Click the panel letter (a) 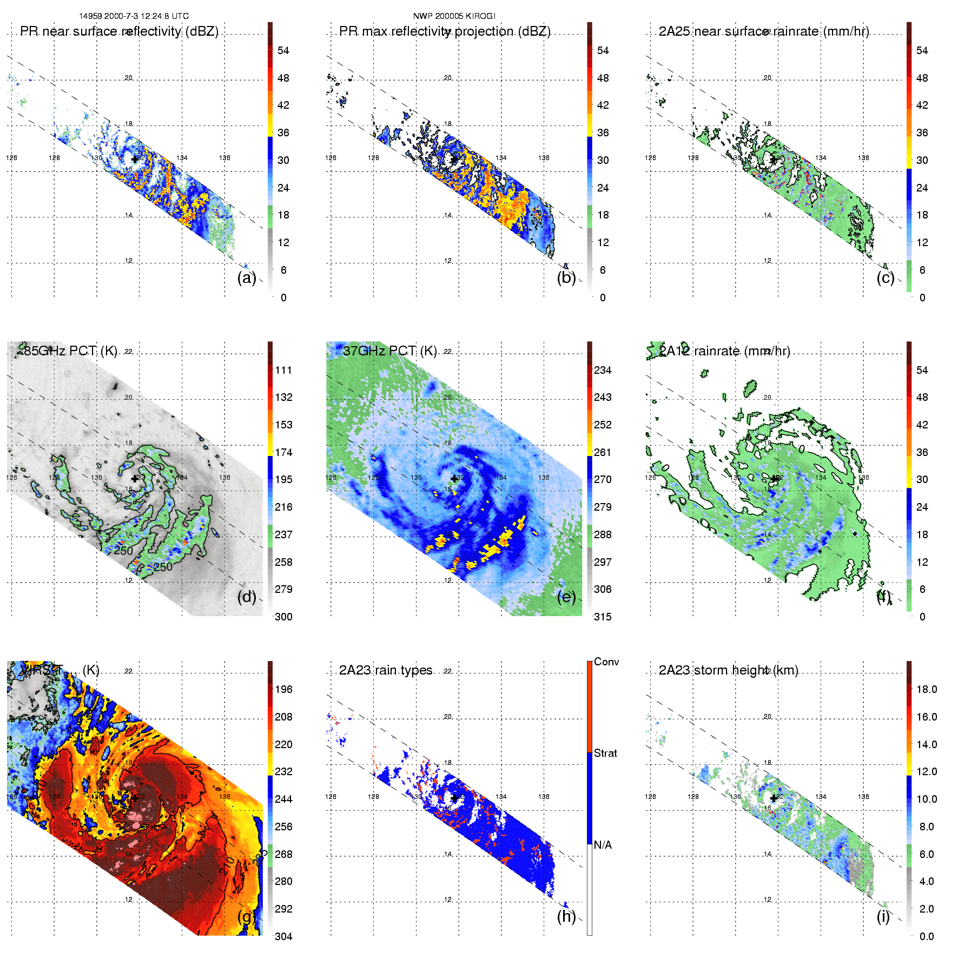246,278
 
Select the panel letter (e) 566,597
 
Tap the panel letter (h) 566,916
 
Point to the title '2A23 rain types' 386,670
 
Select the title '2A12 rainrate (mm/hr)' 724,351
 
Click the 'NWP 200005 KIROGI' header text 454,16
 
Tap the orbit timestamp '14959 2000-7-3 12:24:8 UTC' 134,16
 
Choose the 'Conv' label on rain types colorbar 606,662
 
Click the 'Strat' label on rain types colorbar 605,753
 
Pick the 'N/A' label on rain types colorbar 603,845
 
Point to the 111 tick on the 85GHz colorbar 283,370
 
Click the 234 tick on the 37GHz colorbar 603,370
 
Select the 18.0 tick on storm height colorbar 927,689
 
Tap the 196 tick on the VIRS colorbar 283,689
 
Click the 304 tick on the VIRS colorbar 283,936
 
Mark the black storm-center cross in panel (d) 135,479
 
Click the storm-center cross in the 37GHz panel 454,479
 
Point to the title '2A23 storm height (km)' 728,670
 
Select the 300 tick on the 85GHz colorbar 283,617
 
